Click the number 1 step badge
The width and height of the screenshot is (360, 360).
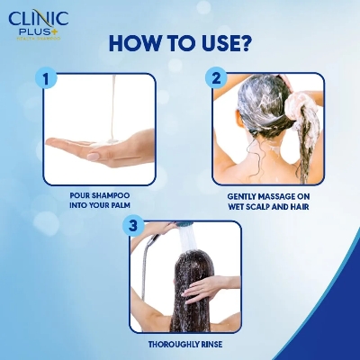click(x=44, y=79)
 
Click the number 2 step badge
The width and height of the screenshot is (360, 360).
click(x=215, y=78)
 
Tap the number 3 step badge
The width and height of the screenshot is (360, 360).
click(x=132, y=226)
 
